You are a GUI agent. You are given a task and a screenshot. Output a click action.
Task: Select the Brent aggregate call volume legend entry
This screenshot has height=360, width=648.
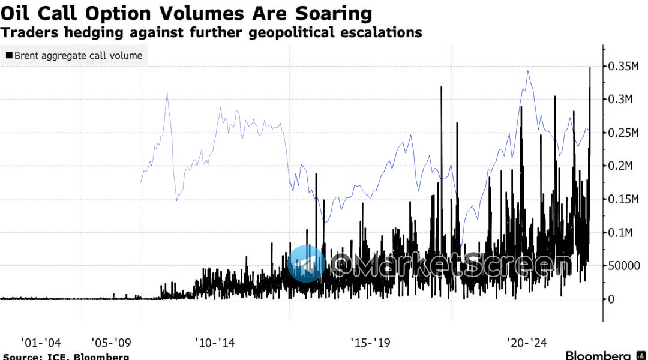coord(78,56)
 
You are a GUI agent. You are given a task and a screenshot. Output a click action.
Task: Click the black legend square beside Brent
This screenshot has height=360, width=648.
coord(9,56)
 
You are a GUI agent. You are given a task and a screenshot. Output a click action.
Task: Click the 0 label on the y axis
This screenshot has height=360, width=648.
coord(611,299)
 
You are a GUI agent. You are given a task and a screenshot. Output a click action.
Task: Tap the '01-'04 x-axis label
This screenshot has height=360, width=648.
coord(41,343)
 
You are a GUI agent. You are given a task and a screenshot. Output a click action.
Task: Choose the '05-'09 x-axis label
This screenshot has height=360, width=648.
coord(111,343)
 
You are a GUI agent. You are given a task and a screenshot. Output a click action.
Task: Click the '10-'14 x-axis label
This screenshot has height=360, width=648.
coord(215,343)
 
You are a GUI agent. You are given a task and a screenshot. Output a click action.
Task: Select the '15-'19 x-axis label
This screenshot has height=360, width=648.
coord(370,343)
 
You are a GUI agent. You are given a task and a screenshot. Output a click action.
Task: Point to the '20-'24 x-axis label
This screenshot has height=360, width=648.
coord(527,343)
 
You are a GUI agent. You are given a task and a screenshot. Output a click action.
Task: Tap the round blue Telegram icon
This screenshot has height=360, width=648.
coord(306,263)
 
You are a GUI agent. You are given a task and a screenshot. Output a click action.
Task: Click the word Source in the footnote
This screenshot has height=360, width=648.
coord(18,356)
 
